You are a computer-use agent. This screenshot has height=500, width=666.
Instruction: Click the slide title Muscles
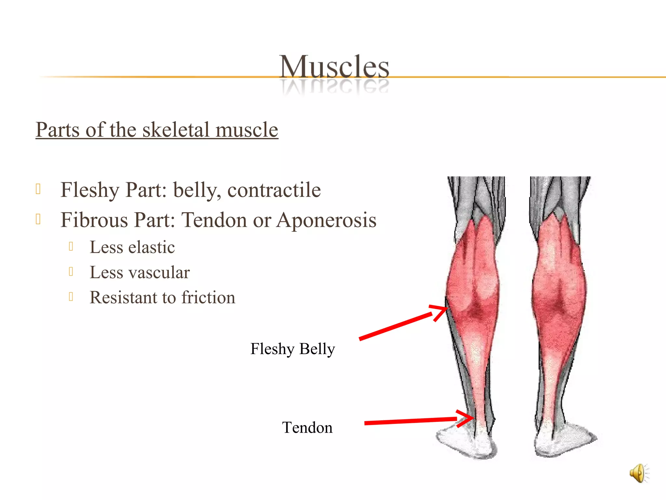(x=334, y=67)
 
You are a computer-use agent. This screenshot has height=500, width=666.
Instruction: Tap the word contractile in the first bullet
(x=274, y=190)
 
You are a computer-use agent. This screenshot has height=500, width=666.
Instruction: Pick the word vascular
(x=162, y=272)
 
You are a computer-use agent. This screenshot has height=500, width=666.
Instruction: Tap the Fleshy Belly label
(x=292, y=349)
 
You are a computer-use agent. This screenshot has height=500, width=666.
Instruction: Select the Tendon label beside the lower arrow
(x=307, y=428)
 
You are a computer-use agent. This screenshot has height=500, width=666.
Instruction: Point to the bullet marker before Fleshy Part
(x=38, y=189)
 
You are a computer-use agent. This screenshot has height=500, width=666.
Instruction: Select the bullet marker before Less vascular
(x=71, y=271)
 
